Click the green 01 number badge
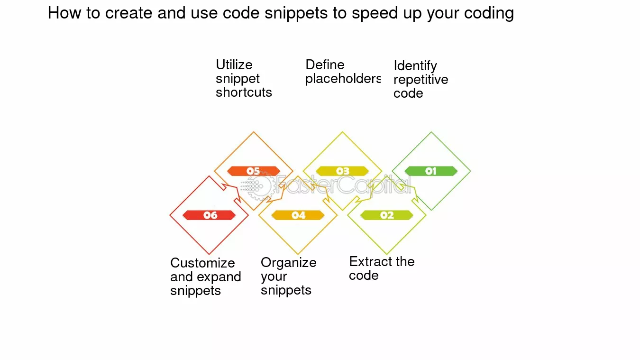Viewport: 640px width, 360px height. click(x=431, y=171)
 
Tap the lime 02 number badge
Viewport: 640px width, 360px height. click(x=386, y=215)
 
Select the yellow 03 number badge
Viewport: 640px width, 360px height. click(x=342, y=171)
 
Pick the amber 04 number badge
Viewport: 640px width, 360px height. click(x=298, y=215)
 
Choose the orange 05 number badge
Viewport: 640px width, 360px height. click(x=254, y=171)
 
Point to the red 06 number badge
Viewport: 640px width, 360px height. click(x=209, y=215)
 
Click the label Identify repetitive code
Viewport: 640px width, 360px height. click(x=421, y=80)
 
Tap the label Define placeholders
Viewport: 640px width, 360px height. click(x=343, y=72)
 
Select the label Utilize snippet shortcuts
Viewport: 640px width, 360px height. click(x=244, y=79)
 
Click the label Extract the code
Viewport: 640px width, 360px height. click(x=382, y=268)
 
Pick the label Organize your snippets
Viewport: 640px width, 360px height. click(x=289, y=276)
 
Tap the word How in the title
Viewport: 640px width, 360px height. click(x=64, y=13)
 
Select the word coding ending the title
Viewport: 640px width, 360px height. click(x=489, y=13)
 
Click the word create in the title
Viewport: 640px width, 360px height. click(x=128, y=13)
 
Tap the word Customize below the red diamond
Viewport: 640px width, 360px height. click(x=202, y=263)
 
